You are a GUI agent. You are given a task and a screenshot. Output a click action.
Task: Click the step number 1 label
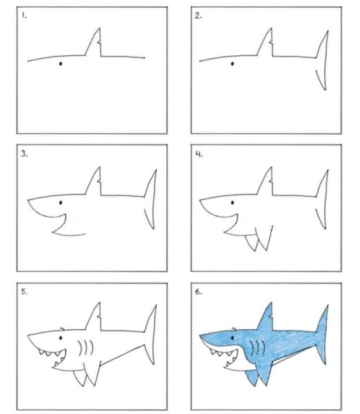tap(24, 16)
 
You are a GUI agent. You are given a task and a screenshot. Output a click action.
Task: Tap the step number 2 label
tap(198, 16)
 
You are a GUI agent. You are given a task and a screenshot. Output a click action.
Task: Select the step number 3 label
tap(24, 154)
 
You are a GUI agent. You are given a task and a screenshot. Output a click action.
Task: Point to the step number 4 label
tap(199, 154)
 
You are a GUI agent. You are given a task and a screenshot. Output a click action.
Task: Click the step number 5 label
tap(24, 291)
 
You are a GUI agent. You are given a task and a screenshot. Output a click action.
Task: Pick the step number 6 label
tap(199, 292)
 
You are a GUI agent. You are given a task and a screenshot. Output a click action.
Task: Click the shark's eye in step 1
tap(61, 63)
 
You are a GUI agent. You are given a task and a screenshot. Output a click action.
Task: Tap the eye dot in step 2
tap(232, 63)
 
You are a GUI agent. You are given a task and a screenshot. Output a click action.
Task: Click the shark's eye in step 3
tap(61, 203)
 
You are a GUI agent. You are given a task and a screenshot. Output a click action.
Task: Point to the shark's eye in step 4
tap(232, 203)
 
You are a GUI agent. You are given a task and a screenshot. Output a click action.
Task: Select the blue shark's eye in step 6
tap(232, 338)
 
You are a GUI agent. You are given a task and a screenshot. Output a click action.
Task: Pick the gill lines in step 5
tap(86, 348)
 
